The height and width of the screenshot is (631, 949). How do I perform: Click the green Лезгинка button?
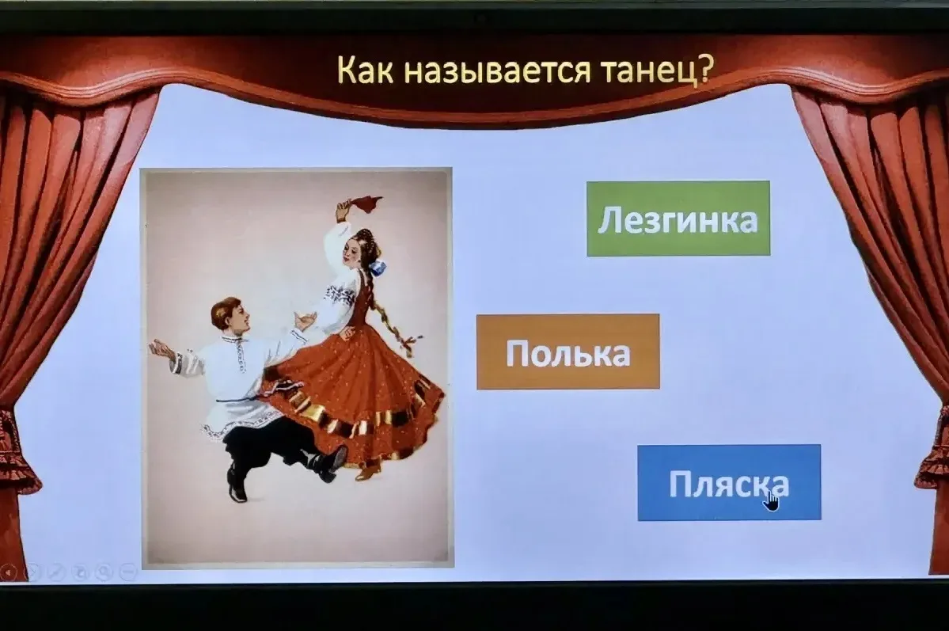pyautogui.click(x=678, y=219)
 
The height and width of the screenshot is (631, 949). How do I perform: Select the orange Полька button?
pyautogui.click(x=568, y=352)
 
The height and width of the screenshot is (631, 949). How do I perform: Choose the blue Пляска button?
pyautogui.click(x=729, y=483)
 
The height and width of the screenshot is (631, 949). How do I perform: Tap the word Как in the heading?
pyautogui.click(x=365, y=69)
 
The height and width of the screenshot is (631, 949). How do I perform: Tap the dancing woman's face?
pyautogui.click(x=352, y=253)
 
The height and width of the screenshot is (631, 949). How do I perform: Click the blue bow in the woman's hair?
pyautogui.click(x=379, y=267)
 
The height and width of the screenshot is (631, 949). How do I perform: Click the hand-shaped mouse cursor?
pyautogui.click(x=772, y=500)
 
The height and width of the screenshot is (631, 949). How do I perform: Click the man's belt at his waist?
pyautogui.click(x=242, y=399)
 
